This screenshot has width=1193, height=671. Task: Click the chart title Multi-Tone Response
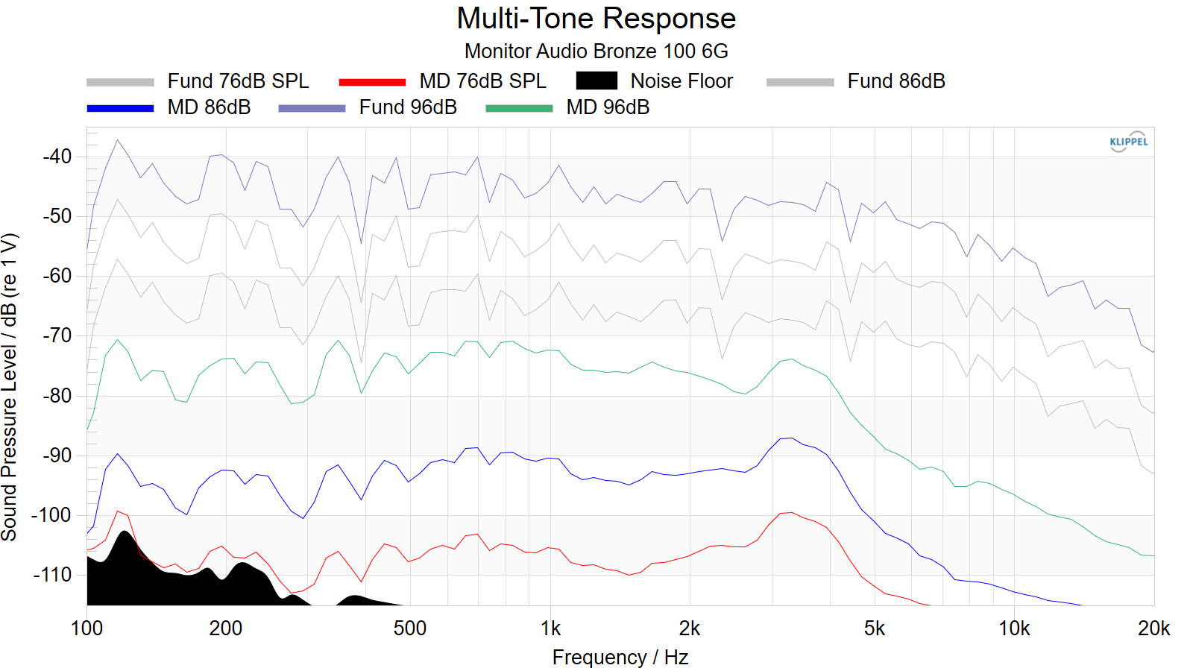click(x=596, y=19)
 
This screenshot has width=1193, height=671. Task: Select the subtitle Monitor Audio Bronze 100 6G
click(x=596, y=51)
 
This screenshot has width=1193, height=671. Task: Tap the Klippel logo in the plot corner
click(x=1128, y=142)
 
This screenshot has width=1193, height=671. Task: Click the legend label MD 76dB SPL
click(x=482, y=81)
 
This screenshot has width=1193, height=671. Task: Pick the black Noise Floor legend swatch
click(x=596, y=81)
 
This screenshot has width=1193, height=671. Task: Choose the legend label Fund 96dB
click(x=408, y=107)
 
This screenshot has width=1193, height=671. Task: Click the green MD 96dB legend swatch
click(x=519, y=108)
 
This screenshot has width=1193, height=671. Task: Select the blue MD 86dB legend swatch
click(x=120, y=108)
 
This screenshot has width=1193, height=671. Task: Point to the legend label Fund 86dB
click(x=895, y=81)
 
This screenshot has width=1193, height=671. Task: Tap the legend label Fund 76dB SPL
click(x=238, y=81)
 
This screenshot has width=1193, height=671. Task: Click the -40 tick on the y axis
click(x=57, y=157)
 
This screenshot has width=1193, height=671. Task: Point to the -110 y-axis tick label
click(x=52, y=575)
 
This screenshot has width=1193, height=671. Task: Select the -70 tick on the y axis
click(x=57, y=335)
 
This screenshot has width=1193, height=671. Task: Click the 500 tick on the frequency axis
click(x=409, y=629)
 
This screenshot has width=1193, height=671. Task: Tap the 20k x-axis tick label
click(x=1153, y=629)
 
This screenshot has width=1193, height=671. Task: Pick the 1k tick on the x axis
click(x=550, y=629)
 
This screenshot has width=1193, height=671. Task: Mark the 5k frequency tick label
click(x=875, y=629)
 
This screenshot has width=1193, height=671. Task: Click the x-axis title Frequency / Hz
click(x=620, y=658)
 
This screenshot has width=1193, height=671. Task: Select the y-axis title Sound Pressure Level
click(x=10, y=388)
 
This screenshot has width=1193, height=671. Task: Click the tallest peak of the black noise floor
click(x=125, y=532)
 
